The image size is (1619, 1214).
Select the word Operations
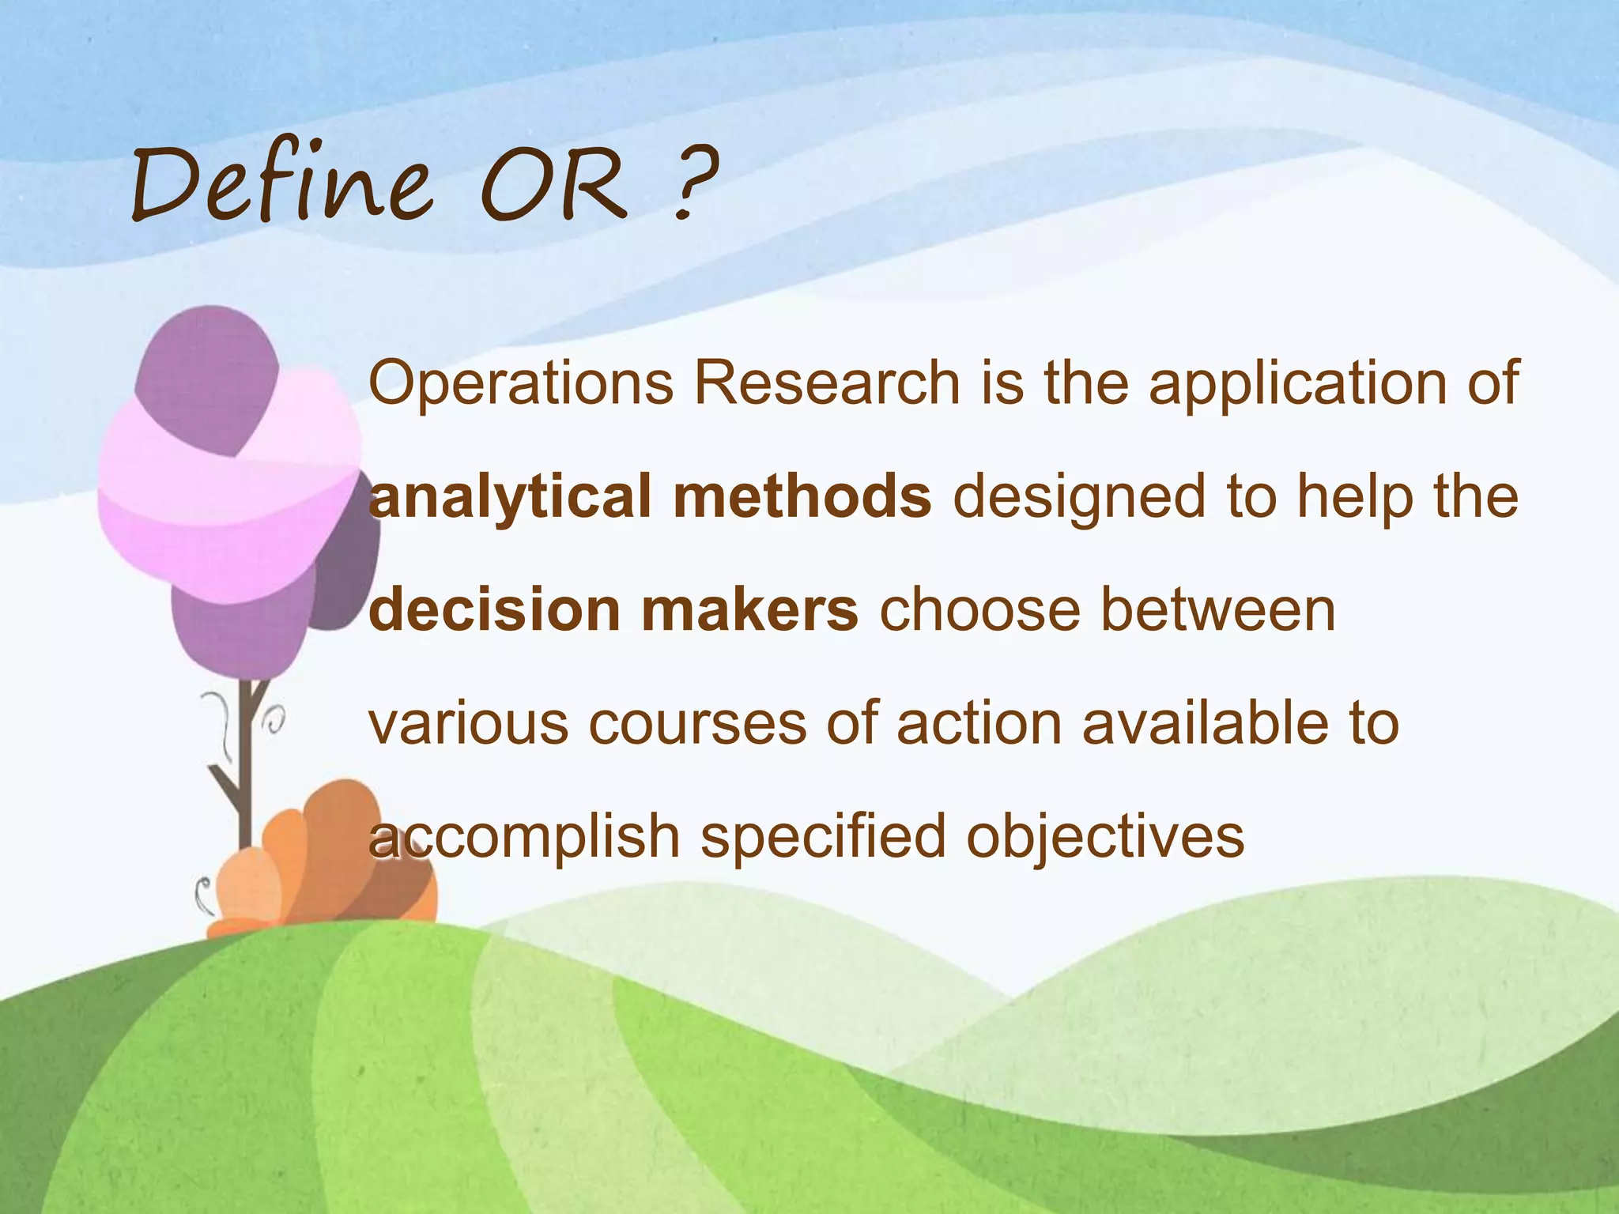tap(520, 384)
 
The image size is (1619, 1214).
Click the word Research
tap(826, 383)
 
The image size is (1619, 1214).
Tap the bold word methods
tap(802, 496)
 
